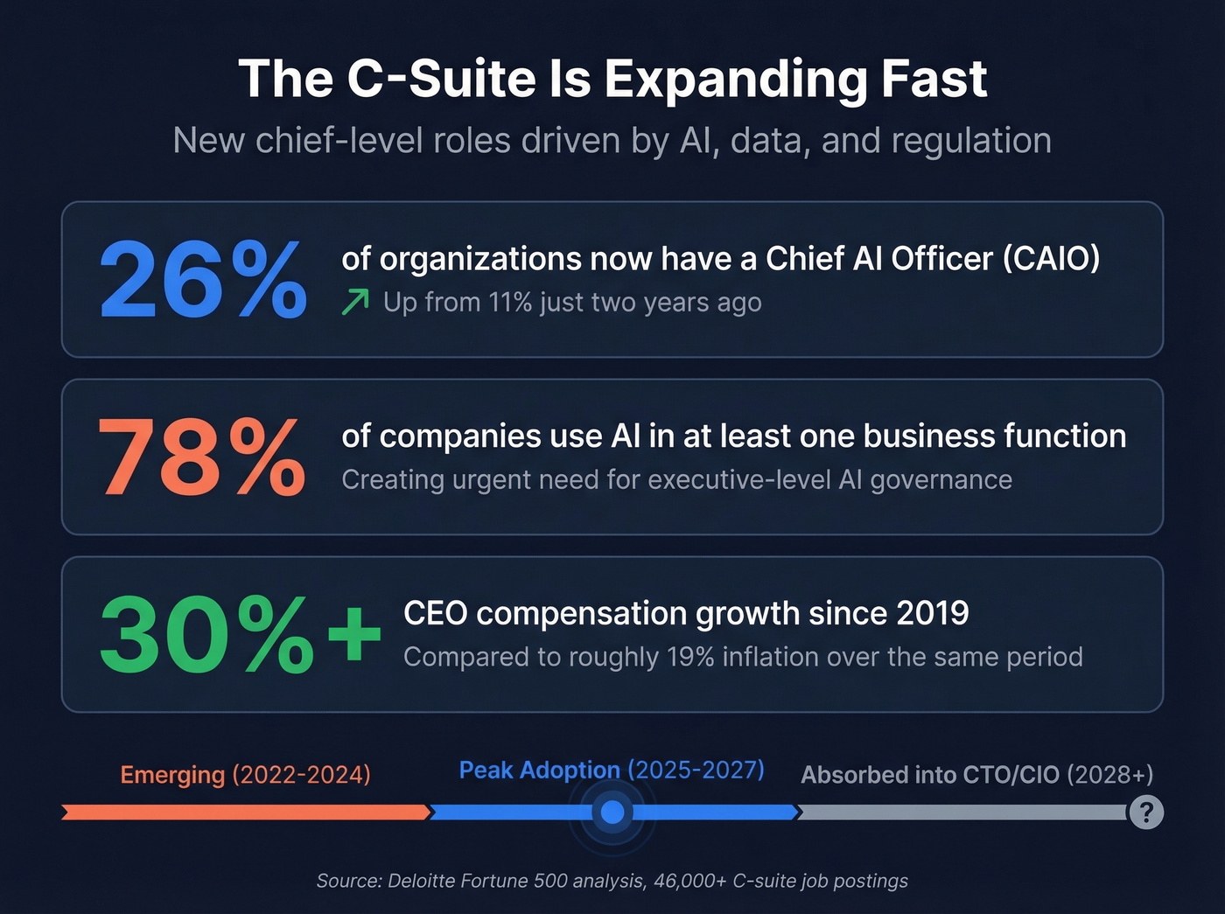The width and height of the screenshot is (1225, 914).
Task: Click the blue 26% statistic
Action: pos(203,280)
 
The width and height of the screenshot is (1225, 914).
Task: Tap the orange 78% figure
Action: pos(201,457)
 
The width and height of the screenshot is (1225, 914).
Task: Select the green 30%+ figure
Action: pos(239,634)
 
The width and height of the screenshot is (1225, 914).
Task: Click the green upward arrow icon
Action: pos(355,303)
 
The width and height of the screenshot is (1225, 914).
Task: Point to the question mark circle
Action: pos(1145,813)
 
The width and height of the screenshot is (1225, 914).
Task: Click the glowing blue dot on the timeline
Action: pos(612,813)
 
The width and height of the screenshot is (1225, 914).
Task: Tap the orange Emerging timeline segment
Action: pos(245,813)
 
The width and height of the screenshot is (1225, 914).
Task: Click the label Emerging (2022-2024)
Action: pos(245,775)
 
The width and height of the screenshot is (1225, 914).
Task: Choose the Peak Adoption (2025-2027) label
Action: pos(612,770)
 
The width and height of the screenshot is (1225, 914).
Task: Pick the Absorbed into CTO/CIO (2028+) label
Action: pos(976,775)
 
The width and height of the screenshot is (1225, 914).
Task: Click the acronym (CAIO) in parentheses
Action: pos(1051,259)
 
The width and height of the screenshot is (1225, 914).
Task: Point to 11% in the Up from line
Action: pos(510,303)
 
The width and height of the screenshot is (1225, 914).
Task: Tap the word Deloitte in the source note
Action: pos(423,881)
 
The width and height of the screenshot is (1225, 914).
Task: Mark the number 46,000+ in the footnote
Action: pos(689,881)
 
